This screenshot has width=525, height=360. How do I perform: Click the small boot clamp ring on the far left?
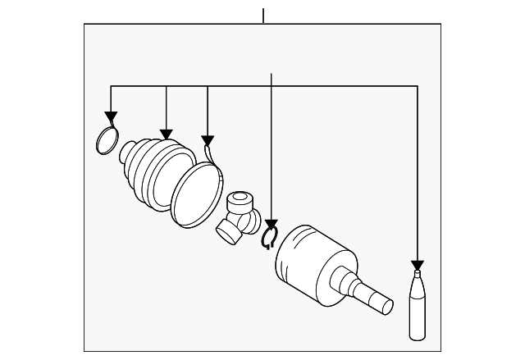(107, 140)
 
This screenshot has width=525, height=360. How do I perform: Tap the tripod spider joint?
(240, 217)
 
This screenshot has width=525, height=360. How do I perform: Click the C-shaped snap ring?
(270, 239)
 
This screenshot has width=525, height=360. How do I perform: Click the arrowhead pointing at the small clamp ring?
(111, 118)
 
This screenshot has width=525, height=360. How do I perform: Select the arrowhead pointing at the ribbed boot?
(167, 133)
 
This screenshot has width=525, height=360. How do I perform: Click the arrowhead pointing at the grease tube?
(418, 264)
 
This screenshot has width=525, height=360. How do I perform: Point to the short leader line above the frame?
(263, 15)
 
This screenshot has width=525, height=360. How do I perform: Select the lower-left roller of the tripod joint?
(228, 233)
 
